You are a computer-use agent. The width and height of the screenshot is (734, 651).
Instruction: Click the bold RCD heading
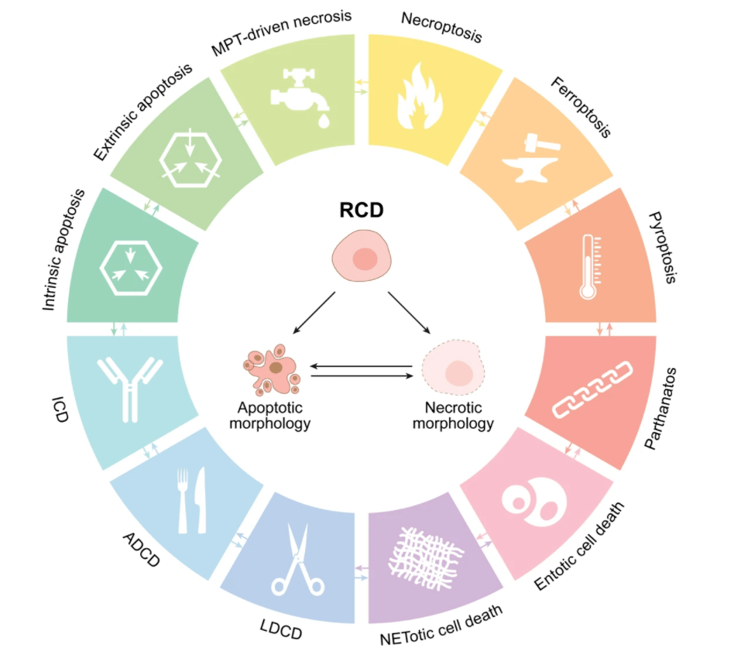point(362,210)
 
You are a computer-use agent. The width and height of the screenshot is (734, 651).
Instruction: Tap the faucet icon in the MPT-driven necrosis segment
point(300,97)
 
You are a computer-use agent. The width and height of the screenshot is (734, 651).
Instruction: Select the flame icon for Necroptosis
point(420,97)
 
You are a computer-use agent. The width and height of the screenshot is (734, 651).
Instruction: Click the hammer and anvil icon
point(531,158)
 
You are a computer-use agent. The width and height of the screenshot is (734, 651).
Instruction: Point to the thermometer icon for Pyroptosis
point(589,267)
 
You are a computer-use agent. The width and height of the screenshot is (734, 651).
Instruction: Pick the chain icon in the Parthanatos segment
point(592,389)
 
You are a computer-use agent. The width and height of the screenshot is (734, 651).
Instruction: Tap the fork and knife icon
point(192,500)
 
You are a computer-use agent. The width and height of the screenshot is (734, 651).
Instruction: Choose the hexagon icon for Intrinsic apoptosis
point(131,268)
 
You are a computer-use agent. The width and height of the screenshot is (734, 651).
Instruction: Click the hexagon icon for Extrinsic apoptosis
point(190,159)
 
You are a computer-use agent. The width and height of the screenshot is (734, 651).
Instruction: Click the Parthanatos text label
point(661,409)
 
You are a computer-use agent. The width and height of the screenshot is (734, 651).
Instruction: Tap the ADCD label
point(142,550)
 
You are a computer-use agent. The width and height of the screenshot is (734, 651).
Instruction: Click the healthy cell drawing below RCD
point(362,255)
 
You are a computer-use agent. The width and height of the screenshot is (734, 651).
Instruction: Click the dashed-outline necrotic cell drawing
point(453,368)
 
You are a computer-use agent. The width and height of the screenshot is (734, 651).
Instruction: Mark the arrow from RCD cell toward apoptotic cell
point(314,313)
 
